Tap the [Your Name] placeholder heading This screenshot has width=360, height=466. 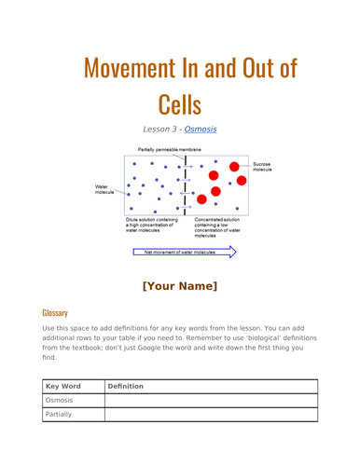(x=179, y=284)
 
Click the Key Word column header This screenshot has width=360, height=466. (x=62, y=384)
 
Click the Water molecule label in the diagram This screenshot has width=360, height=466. (x=109, y=190)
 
